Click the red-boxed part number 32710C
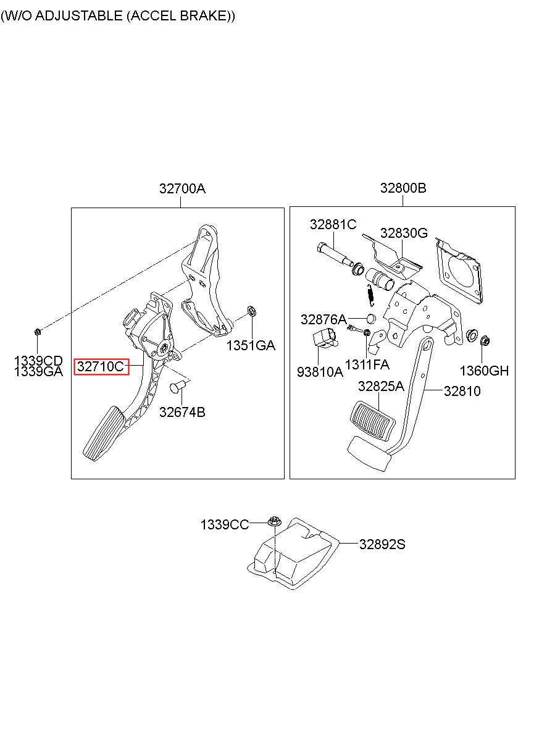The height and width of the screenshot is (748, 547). (101, 367)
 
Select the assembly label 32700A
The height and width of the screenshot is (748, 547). (182, 188)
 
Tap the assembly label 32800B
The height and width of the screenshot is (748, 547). (403, 188)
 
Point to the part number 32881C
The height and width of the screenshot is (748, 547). (333, 224)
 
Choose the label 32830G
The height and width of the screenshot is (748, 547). (404, 233)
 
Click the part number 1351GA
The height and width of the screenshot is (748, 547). (251, 345)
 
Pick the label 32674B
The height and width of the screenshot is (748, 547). (182, 412)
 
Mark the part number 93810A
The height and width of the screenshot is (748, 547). (320, 372)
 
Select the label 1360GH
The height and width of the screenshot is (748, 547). (484, 371)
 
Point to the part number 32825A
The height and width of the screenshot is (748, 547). (381, 387)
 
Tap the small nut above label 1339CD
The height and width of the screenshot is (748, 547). (38, 332)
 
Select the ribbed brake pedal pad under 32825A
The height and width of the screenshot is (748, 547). (372, 421)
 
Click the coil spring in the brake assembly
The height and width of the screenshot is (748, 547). (370, 295)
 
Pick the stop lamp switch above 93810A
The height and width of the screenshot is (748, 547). (324, 338)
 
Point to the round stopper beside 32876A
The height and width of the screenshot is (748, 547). (371, 319)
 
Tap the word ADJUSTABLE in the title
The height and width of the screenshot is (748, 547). (79, 15)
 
